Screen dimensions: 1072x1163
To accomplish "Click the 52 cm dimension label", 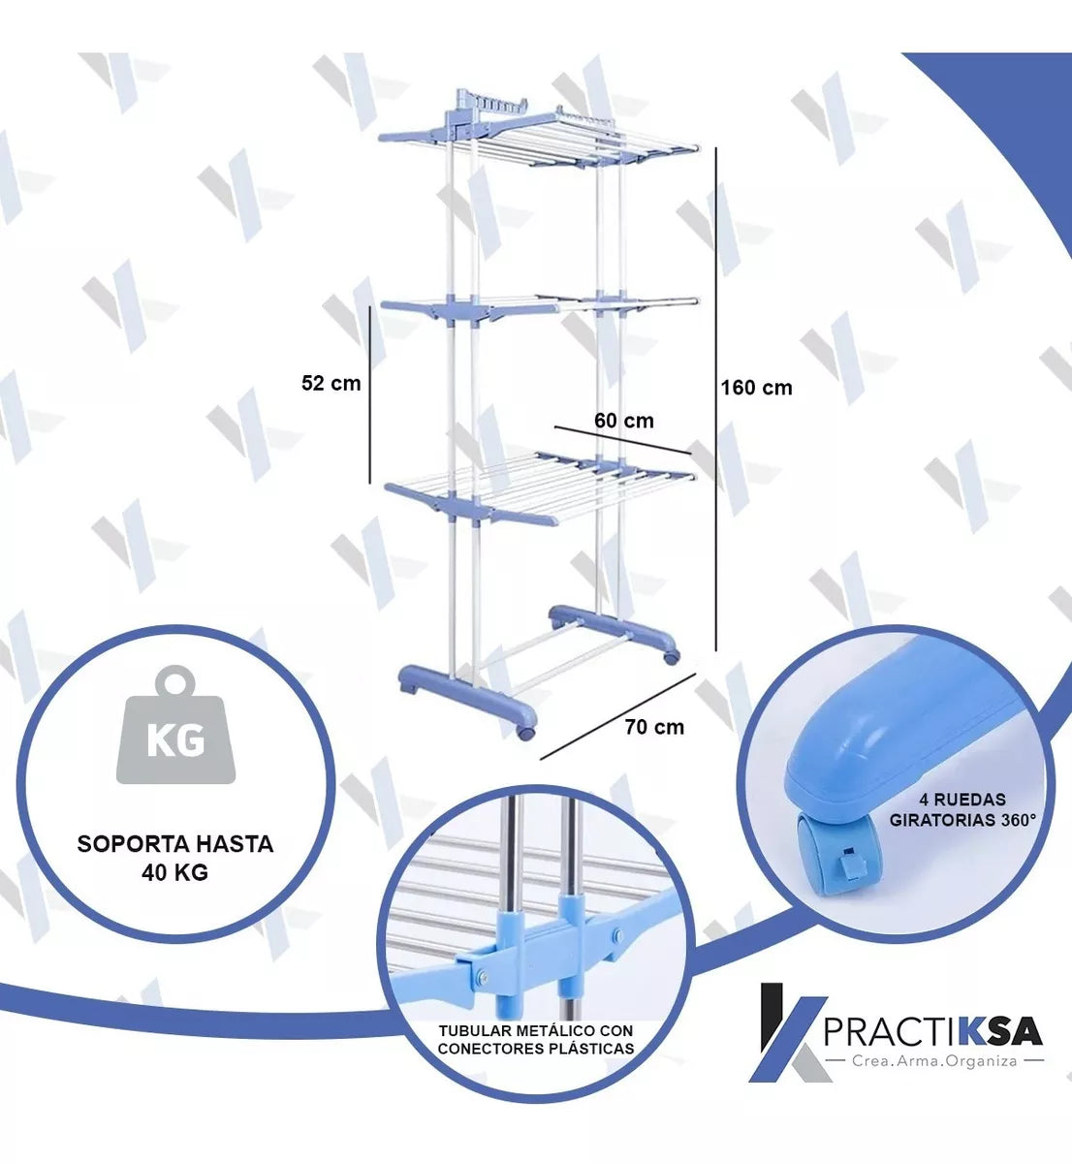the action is point(331,383).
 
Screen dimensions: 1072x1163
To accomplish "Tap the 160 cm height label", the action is point(756,388).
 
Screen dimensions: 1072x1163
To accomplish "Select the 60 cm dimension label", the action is point(623,421).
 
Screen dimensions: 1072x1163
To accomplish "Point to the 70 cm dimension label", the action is point(654,727).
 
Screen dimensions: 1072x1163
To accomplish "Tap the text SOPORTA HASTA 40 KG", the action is point(175,858).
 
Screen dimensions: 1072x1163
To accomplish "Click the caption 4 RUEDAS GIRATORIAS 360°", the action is point(962,810).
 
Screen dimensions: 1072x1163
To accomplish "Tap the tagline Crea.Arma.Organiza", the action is point(934,1061).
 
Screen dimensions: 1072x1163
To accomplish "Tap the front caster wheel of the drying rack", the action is point(525,731).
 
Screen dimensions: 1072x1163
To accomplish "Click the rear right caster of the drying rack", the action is point(672,657).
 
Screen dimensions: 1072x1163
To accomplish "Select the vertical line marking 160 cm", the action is point(716,399).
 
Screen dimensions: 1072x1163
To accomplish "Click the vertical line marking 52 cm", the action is point(369,394).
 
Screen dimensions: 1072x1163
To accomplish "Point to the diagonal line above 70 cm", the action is point(617,716).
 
